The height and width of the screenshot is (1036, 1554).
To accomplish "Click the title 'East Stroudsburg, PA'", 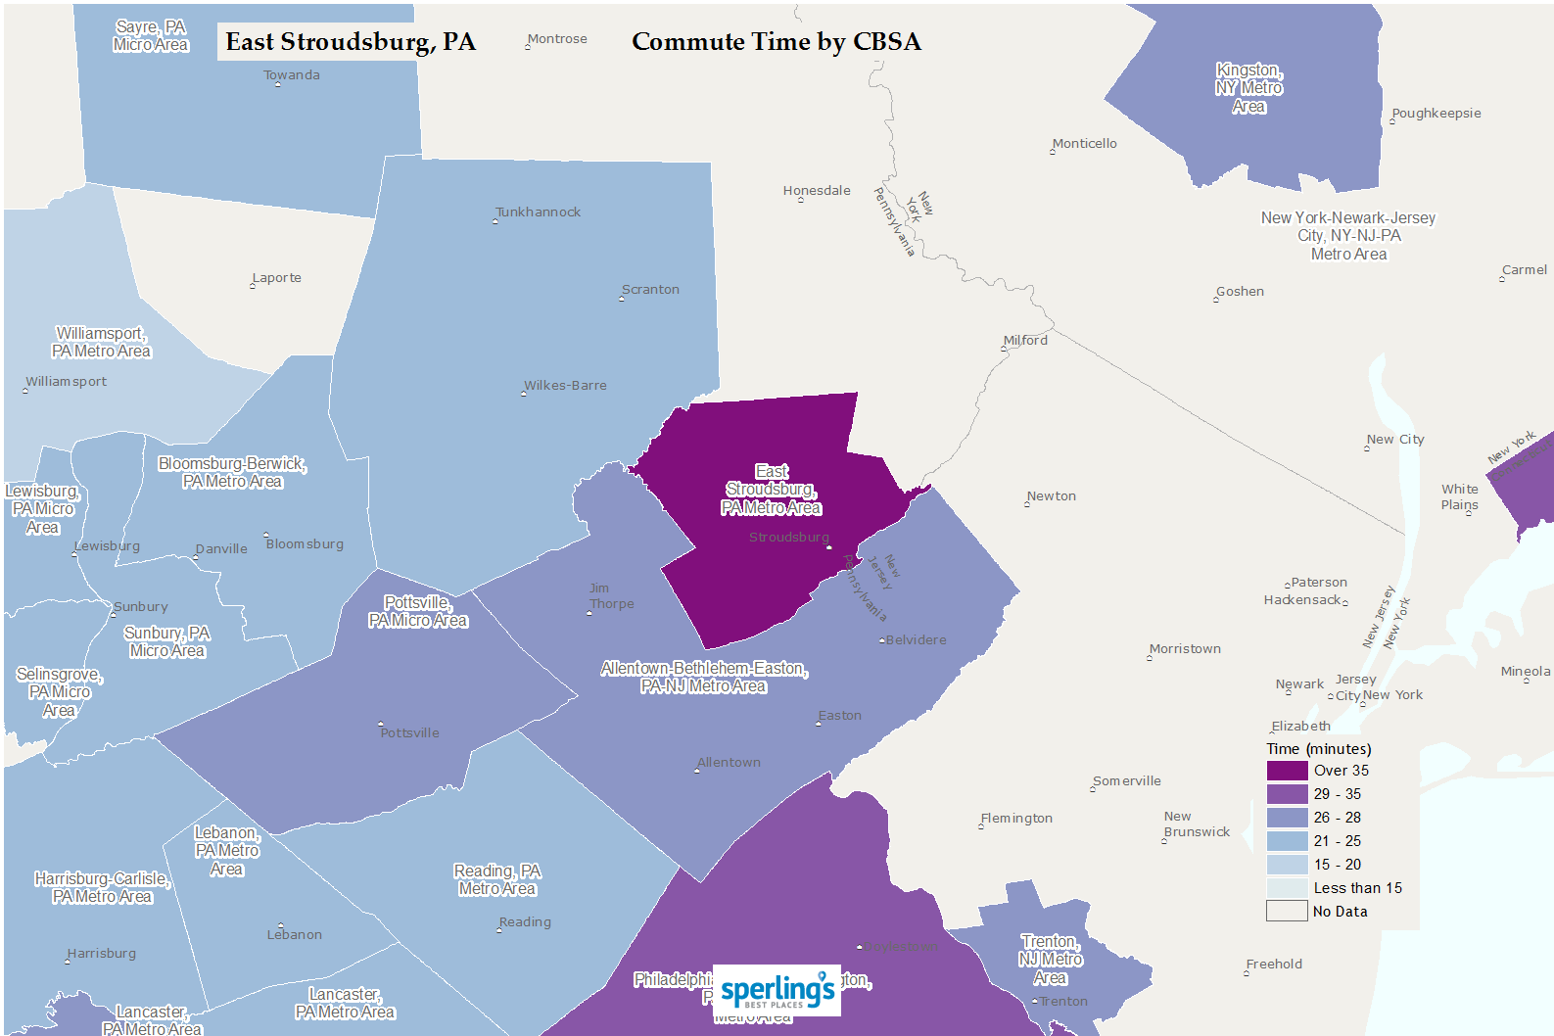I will (350, 42).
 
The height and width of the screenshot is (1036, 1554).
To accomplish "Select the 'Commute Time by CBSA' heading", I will (776, 42).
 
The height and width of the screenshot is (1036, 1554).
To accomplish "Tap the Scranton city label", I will (650, 290).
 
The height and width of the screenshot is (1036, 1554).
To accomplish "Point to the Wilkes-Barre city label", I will (565, 386).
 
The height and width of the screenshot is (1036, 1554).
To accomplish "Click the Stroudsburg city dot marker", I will (828, 547).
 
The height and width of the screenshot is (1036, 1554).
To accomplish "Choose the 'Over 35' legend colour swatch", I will (1287, 771).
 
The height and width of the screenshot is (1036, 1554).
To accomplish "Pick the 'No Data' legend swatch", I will (1287, 912).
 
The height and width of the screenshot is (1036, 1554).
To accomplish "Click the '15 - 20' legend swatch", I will (1287, 865).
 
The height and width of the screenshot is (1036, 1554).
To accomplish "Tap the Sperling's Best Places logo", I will (777, 990).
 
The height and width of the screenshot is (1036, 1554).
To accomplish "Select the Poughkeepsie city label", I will (1436, 114).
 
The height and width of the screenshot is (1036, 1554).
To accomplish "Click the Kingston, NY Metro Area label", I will (1248, 88).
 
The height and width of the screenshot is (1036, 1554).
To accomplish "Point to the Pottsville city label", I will (409, 733).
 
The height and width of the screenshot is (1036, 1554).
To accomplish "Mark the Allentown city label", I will (729, 763).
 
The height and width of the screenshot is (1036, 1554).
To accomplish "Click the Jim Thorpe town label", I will (611, 596).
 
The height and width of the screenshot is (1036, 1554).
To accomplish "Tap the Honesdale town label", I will (817, 191).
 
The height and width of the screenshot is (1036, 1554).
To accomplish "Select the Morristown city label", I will (1185, 649).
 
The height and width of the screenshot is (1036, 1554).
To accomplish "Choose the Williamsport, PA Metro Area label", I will (101, 343).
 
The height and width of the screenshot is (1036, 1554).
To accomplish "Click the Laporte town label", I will (276, 278).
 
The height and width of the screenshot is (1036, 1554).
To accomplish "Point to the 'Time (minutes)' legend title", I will (1318, 749).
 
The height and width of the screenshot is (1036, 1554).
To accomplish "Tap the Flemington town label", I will (1016, 819).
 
